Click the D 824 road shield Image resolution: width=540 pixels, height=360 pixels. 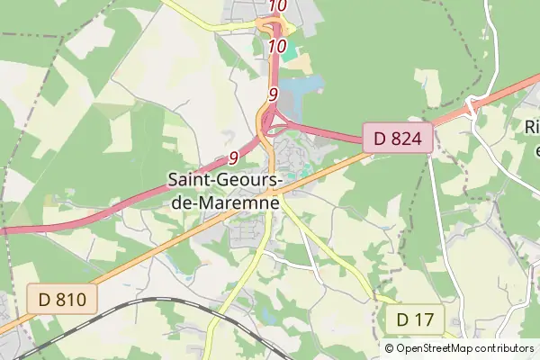coord(399,139)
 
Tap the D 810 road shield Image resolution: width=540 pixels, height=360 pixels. coord(62,299)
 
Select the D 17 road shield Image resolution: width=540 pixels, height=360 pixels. coord(415,319)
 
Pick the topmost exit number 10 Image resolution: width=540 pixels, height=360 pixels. coord(277,5)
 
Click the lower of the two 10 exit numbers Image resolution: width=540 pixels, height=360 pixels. coord(277,45)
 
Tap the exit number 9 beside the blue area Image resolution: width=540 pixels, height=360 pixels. coord(273,93)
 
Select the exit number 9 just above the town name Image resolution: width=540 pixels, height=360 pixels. coord(233,158)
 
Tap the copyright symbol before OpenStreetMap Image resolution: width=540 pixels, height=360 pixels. coord(389,348)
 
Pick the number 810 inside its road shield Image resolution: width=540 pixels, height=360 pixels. coord(71,299)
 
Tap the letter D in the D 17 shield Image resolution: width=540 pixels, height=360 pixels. coord(402,319)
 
